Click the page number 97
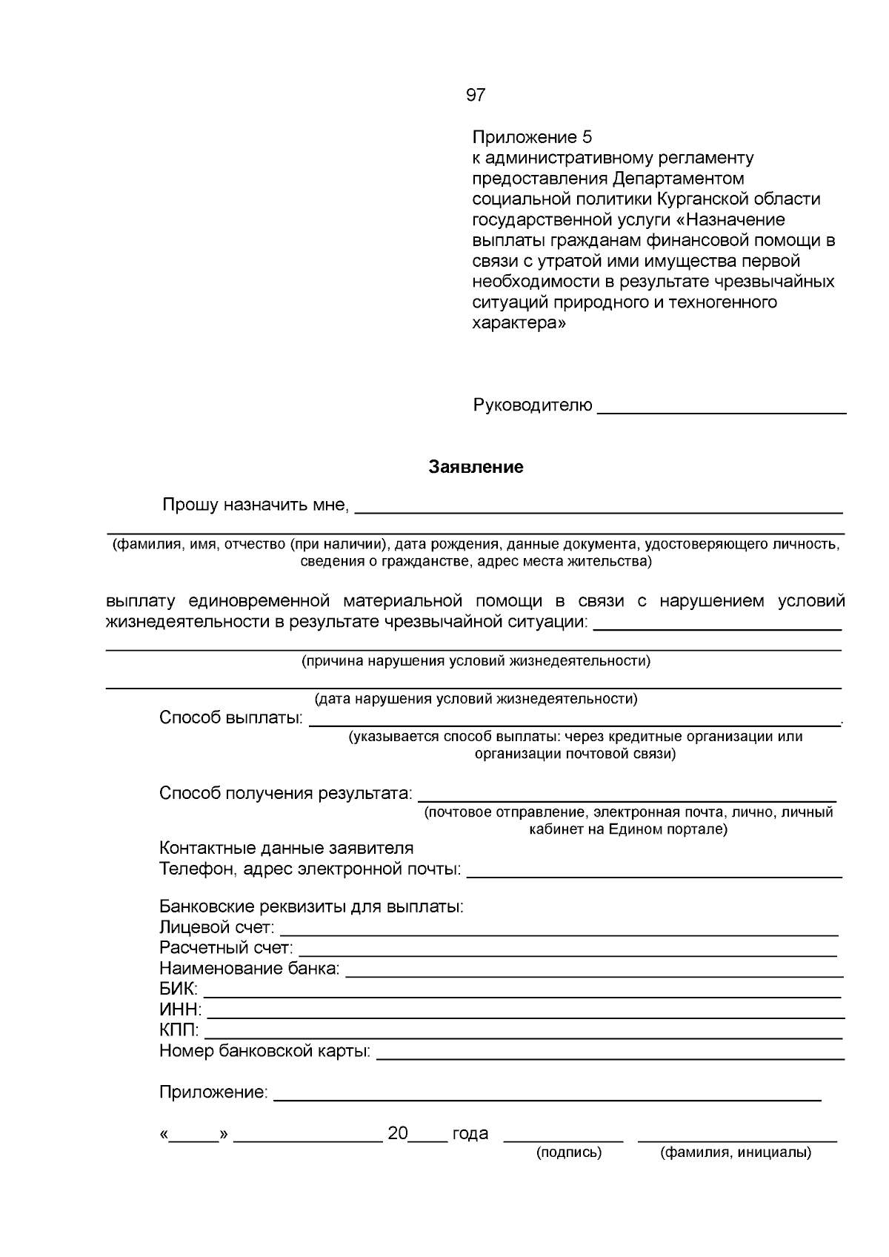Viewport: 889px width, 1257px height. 476,95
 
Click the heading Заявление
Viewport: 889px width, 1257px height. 476,467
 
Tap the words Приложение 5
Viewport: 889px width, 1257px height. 533,137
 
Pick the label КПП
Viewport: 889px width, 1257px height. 179,1030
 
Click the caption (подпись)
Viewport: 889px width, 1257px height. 568,1152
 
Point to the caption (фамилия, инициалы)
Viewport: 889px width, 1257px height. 736,1152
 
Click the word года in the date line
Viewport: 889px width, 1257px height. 470,1133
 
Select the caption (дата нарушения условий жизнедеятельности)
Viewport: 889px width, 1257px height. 476,699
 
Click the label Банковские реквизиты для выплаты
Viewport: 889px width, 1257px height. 311,906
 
